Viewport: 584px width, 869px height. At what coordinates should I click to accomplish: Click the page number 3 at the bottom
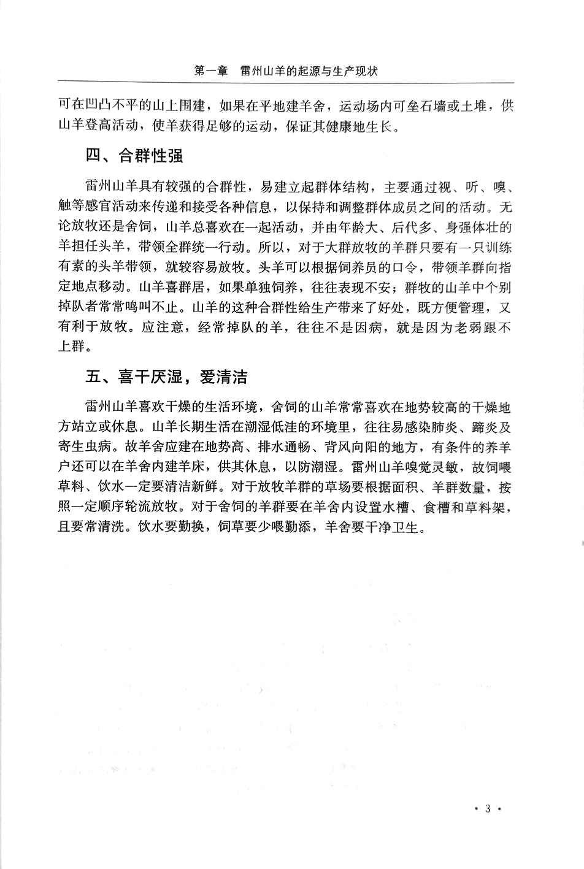click(488, 808)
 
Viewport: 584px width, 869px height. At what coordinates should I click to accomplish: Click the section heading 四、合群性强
click(134, 156)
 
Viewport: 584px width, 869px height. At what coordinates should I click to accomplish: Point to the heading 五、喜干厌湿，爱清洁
click(166, 377)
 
